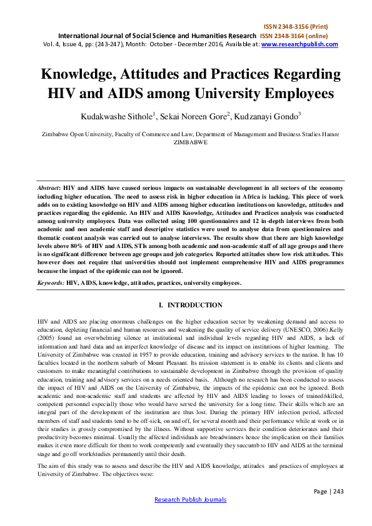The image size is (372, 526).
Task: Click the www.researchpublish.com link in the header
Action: [x=299, y=44]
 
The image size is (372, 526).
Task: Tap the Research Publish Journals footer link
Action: [x=190, y=500]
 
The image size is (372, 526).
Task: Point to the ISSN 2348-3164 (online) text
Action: [x=302, y=36]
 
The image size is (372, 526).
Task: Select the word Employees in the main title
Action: [x=291, y=96]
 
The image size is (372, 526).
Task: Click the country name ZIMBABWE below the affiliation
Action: [x=191, y=142]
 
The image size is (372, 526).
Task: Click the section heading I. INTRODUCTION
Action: [x=191, y=305]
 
